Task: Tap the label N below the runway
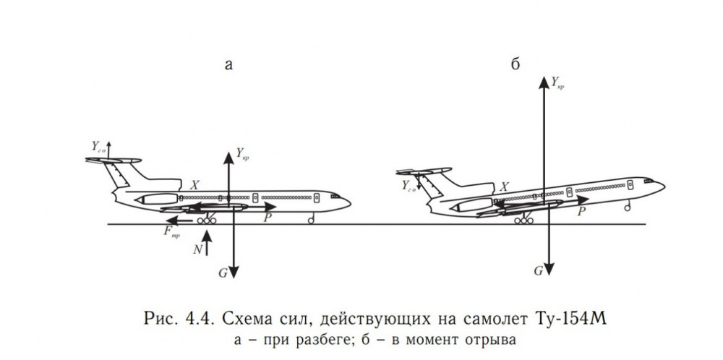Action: (197, 249)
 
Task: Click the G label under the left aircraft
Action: (223, 273)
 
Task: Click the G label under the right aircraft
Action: (539, 271)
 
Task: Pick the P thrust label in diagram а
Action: (268, 217)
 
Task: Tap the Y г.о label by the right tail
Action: (408, 186)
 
